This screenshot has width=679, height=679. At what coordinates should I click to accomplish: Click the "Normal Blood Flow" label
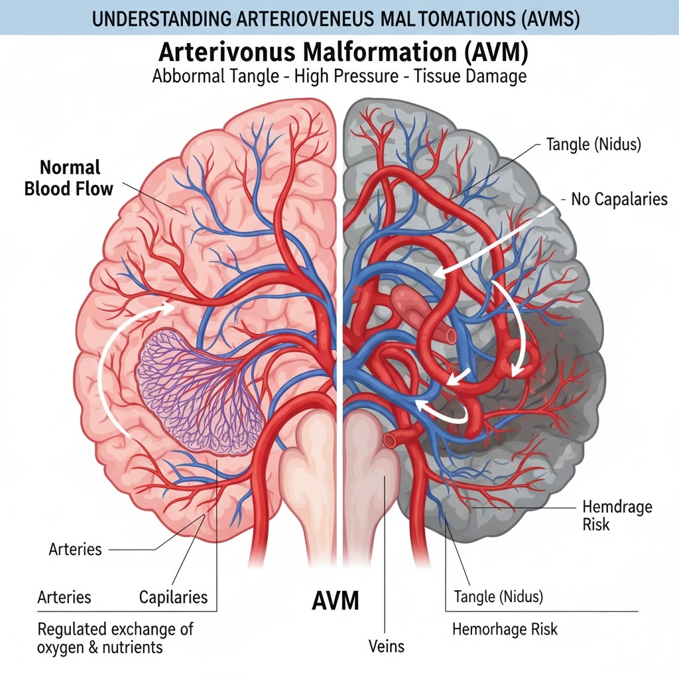click(x=68, y=178)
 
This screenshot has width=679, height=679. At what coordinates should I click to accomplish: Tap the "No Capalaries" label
click(x=619, y=198)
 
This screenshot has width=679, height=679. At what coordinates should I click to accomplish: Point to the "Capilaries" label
click(x=173, y=597)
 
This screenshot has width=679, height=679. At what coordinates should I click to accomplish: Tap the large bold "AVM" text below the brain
click(x=335, y=601)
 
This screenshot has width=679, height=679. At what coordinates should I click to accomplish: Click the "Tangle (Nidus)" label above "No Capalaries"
click(x=593, y=145)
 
